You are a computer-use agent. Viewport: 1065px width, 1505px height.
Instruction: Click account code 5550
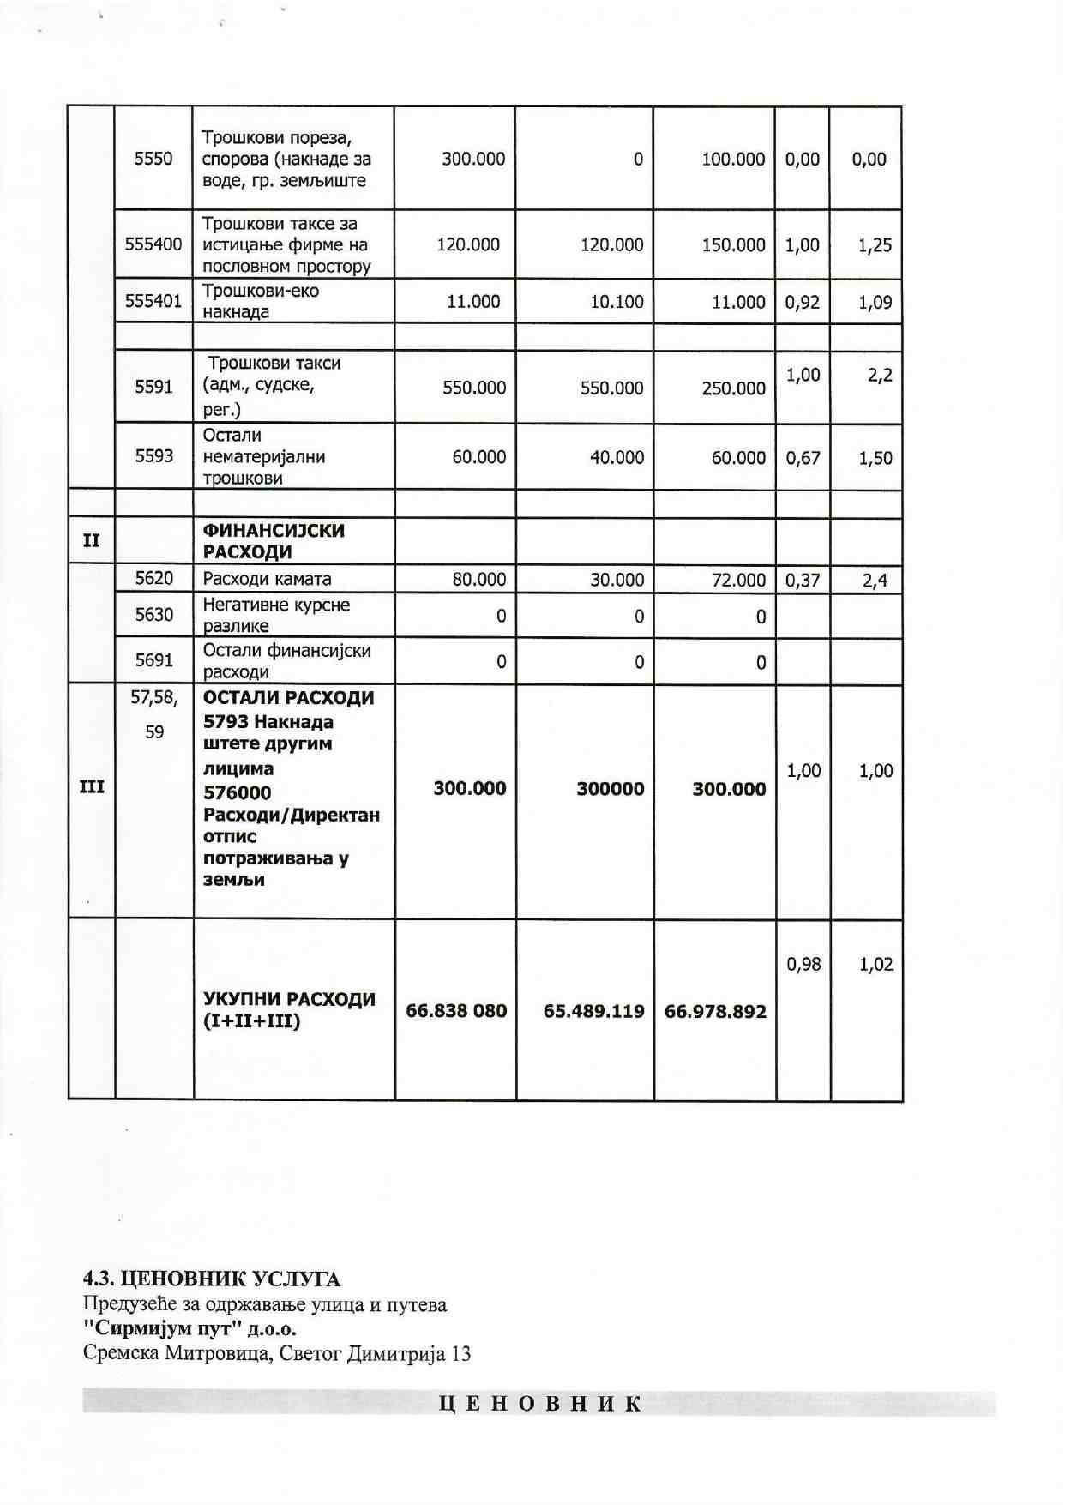tap(153, 159)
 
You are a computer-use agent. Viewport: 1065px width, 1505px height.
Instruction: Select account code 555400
tap(153, 244)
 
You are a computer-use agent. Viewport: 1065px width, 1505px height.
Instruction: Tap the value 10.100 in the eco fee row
tap(616, 302)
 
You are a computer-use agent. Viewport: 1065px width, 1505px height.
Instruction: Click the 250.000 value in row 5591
tap(733, 388)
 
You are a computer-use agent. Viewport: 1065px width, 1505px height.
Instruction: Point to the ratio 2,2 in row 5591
tap(880, 375)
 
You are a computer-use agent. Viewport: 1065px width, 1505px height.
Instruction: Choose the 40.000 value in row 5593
tap(617, 458)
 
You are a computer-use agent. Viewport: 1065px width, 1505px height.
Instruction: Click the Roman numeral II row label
tap(91, 540)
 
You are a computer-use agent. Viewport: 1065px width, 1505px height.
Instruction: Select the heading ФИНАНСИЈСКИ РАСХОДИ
tap(274, 541)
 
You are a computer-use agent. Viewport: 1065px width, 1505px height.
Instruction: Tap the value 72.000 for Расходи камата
tap(738, 580)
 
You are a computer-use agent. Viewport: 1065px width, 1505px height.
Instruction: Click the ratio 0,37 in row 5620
tap(803, 581)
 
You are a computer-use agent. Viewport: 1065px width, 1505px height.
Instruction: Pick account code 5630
tap(153, 615)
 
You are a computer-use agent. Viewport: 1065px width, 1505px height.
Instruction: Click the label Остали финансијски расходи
tap(286, 661)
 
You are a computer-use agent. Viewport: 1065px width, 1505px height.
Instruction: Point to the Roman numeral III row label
tap(92, 787)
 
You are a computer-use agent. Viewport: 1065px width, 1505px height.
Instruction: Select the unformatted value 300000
tap(610, 789)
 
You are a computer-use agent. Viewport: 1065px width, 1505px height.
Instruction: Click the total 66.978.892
tap(715, 1012)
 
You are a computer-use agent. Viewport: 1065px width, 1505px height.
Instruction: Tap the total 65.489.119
tap(593, 1012)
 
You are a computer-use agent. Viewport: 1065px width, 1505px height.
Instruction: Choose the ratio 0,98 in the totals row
tap(803, 965)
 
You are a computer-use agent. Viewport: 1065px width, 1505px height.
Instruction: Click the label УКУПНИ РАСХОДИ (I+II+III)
tap(289, 1010)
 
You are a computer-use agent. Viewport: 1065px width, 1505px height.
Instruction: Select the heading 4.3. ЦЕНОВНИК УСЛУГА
tap(212, 1279)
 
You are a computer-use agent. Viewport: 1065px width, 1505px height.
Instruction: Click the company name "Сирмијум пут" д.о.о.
tap(190, 1329)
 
